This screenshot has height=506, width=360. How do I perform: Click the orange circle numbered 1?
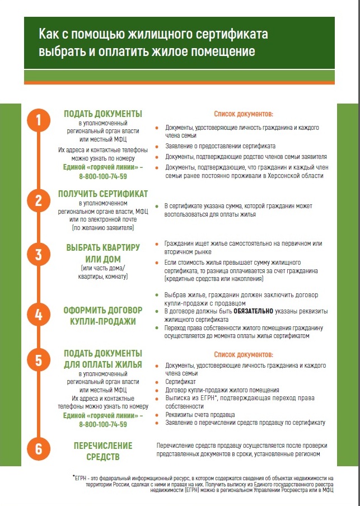39,120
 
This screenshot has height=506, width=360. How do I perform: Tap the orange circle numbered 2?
39,201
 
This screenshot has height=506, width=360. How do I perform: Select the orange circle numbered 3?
39,255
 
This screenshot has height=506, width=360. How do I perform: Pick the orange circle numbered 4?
39,315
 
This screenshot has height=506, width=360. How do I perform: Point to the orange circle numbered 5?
39,360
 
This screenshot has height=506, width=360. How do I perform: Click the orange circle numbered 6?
39,449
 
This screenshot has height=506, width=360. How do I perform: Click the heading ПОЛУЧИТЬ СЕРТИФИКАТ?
103,194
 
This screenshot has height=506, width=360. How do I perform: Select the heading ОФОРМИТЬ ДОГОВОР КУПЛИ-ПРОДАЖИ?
103,315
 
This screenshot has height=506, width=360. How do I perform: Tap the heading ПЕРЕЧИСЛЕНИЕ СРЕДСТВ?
103,451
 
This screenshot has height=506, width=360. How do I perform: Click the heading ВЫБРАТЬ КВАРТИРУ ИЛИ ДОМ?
103,252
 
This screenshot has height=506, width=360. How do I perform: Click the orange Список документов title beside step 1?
244,114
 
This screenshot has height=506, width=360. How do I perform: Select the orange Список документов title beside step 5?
244,354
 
